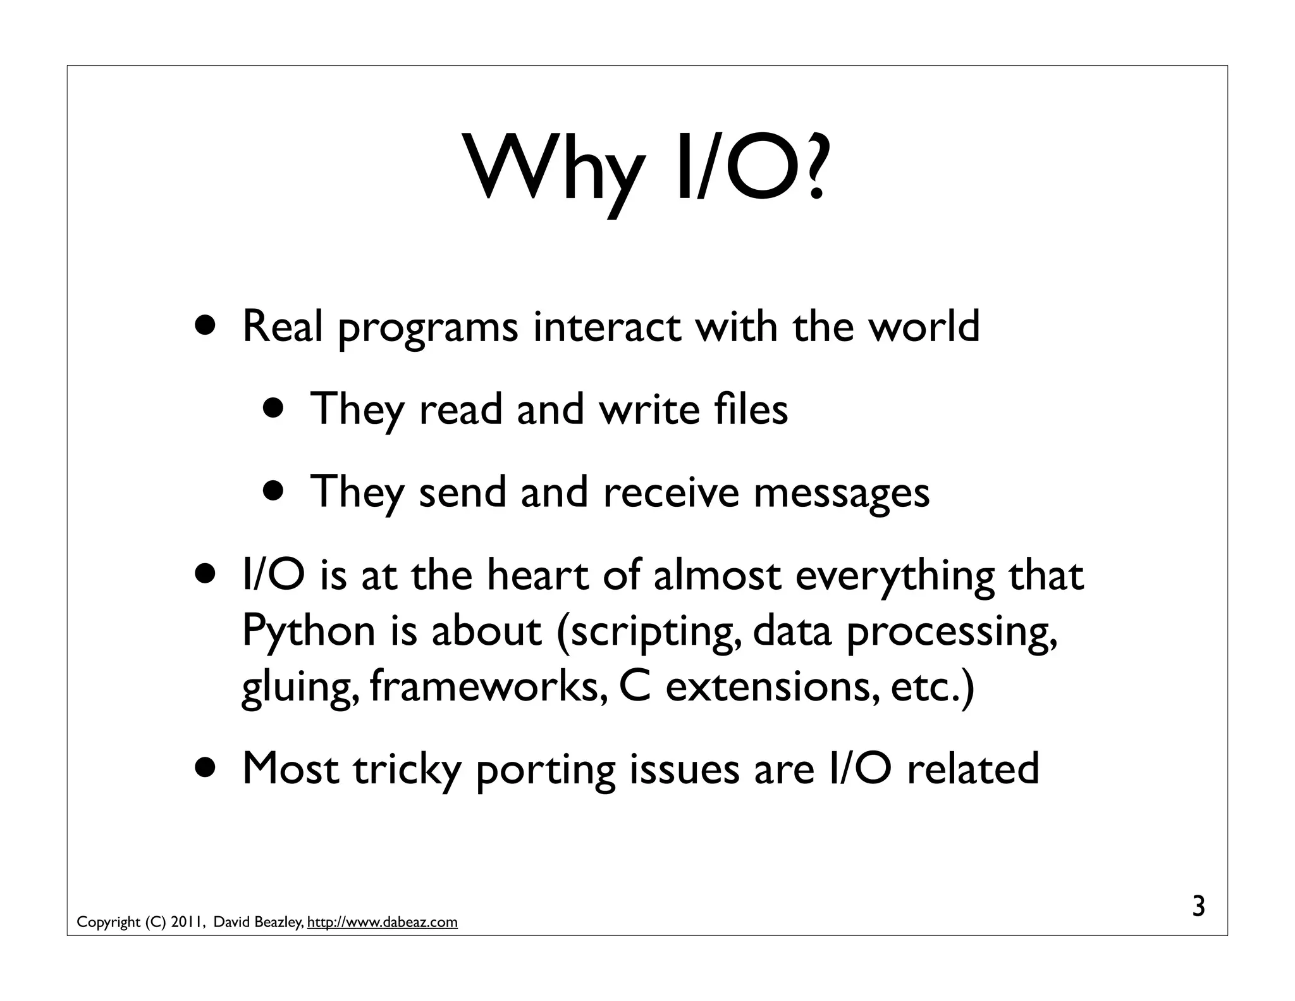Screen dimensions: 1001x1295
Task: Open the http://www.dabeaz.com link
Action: click(382, 922)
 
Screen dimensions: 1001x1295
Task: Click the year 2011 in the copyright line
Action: click(187, 922)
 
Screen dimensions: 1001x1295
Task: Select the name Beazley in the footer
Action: click(278, 922)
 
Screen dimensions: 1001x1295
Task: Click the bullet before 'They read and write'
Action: click(275, 409)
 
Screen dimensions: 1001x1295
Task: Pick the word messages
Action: click(841, 492)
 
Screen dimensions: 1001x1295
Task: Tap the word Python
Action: click(309, 631)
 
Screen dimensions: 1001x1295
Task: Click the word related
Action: click(973, 769)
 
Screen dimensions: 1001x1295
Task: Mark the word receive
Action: click(671, 492)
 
